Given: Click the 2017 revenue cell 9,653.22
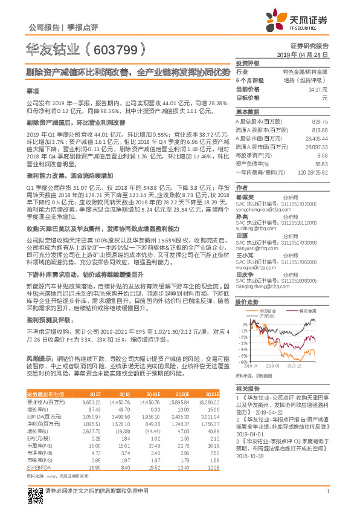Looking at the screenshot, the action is pos(90,401).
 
